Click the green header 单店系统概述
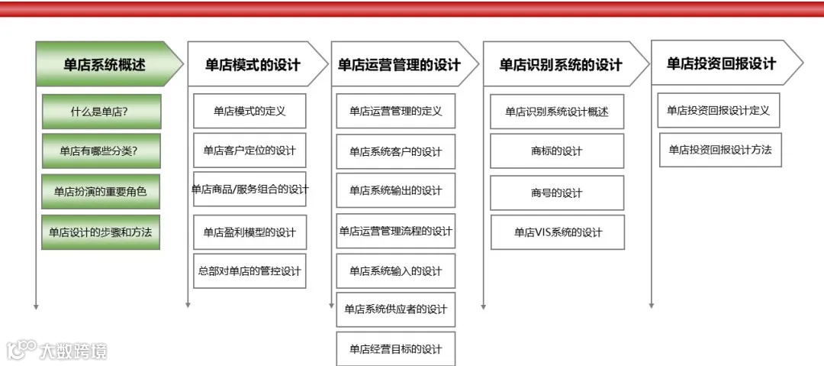[105, 64]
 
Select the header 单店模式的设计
[253, 64]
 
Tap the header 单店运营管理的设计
[399, 64]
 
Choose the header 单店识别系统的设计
[561, 64]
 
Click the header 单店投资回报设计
[721, 63]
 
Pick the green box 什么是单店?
[101, 112]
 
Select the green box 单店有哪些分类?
[101, 151]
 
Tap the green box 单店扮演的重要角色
[101, 192]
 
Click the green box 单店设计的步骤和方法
[101, 232]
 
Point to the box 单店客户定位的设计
[249, 151]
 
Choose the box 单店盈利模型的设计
[249, 232]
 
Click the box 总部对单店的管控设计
[249, 270]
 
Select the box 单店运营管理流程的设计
[395, 231]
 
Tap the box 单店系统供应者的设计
[395, 309]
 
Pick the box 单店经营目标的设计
[395, 348]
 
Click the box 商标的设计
[557, 151]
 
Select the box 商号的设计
[557, 193]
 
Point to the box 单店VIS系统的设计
[557, 232]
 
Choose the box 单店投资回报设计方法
[720, 150]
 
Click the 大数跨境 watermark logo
[56, 351]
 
